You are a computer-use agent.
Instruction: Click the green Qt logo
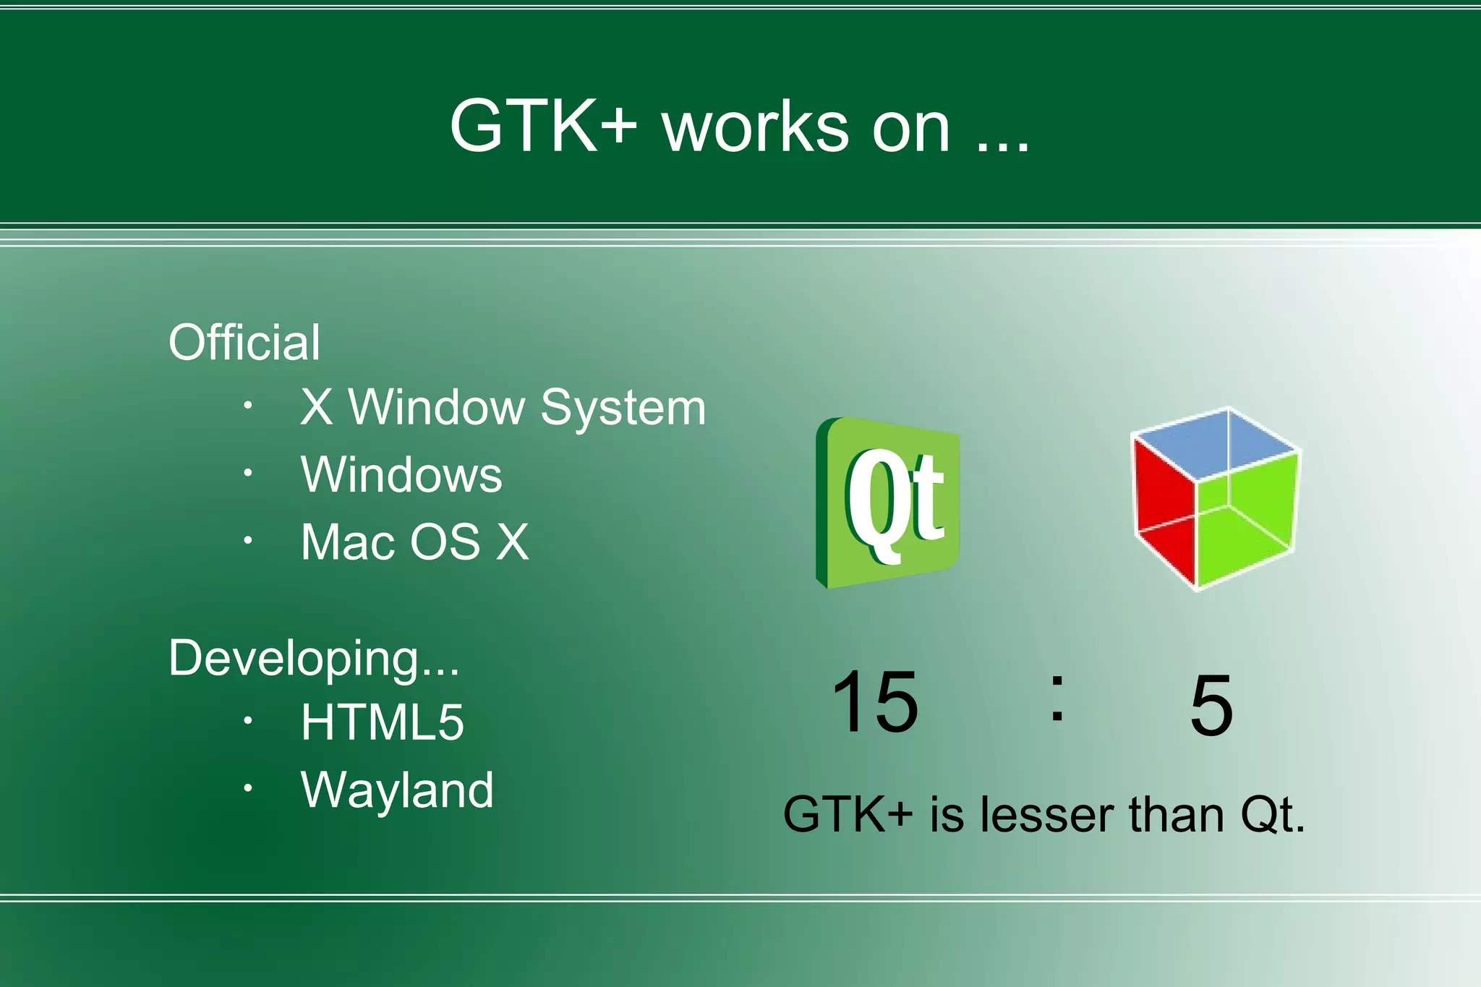(x=888, y=503)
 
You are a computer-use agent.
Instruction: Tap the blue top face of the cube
(x=1215, y=444)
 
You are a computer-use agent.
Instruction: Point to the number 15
(x=875, y=701)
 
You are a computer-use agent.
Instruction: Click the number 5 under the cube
(x=1211, y=705)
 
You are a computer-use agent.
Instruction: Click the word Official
(x=244, y=342)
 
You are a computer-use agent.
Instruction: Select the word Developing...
(x=313, y=658)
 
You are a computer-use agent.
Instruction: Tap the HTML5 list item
(x=382, y=722)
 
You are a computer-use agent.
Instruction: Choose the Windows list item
(x=401, y=474)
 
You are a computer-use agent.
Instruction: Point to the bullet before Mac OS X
(x=247, y=539)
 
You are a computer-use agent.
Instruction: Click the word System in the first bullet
(x=623, y=409)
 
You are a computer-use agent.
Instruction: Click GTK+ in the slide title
(x=543, y=126)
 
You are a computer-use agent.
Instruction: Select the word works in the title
(x=756, y=127)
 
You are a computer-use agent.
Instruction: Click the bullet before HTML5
(x=247, y=720)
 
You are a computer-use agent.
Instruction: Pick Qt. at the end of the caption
(x=1273, y=816)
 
